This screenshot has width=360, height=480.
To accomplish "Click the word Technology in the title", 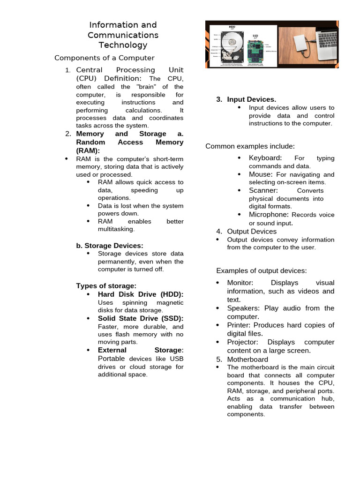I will click(x=123, y=45).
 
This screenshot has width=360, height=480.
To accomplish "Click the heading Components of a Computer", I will click(x=104, y=58).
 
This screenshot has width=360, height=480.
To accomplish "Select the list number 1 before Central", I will click(x=67, y=70).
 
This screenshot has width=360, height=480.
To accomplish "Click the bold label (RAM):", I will click(x=88, y=150).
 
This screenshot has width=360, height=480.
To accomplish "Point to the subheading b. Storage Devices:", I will click(x=110, y=246).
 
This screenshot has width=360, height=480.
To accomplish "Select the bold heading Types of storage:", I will click(x=106, y=286).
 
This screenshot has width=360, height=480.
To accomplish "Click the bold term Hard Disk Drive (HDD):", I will click(x=141, y=294).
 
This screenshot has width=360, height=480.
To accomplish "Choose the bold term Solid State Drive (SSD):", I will click(x=141, y=319).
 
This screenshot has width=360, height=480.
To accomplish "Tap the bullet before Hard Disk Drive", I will click(x=89, y=294).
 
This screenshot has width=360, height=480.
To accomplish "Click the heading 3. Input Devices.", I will click(x=246, y=99).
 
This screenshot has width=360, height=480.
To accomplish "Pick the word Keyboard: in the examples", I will click(x=265, y=158).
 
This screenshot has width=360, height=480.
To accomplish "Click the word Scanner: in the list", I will click(x=263, y=190).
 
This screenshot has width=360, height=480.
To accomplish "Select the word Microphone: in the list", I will click(x=269, y=215).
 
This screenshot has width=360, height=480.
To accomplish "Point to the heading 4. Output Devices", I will click(x=246, y=232).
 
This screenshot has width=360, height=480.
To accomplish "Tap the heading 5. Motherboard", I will click(x=241, y=360).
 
